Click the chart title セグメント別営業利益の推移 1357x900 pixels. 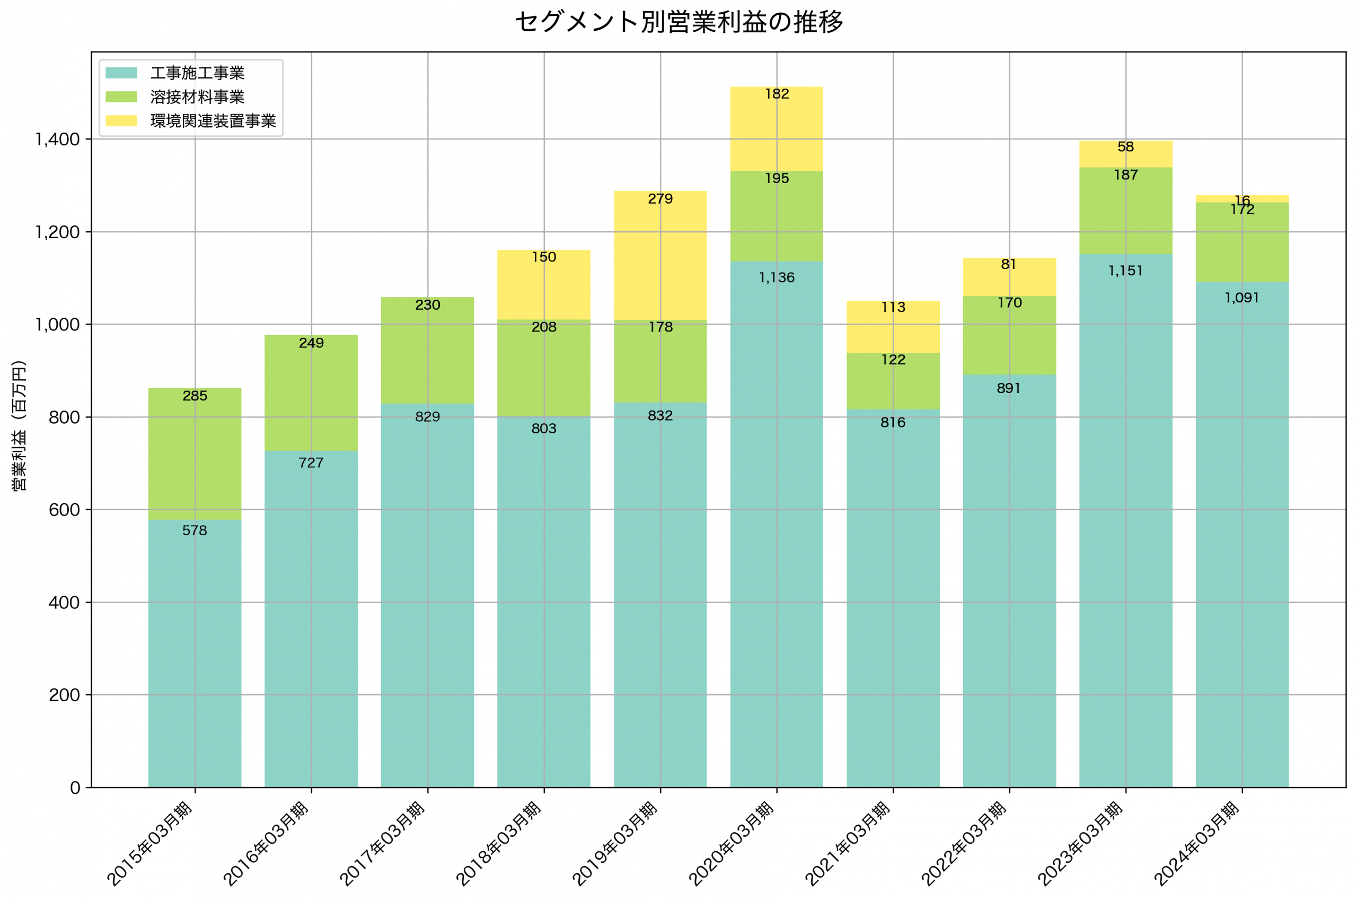(678, 22)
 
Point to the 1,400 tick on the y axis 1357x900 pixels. (57, 139)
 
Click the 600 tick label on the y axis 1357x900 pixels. (64, 510)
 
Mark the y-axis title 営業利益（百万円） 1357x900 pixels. (19, 425)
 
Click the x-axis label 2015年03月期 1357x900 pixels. (150, 844)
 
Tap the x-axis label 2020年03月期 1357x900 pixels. (732, 844)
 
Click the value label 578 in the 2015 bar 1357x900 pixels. (195, 530)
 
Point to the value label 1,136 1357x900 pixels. (777, 278)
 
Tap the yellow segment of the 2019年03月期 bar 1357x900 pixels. (660, 258)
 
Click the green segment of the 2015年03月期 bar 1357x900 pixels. (195, 453)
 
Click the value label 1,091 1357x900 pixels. (1242, 298)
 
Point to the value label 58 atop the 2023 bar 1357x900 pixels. (1125, 147)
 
